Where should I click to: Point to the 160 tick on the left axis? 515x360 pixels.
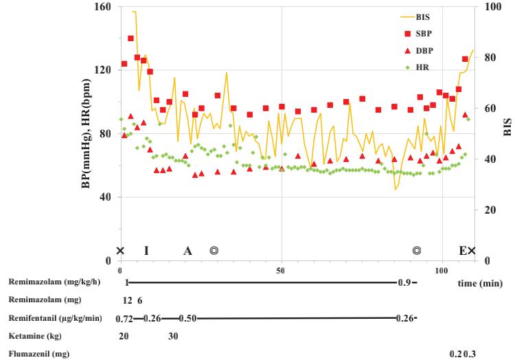(x=103, y=7)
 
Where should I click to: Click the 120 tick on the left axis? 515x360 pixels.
(x=103, y=71)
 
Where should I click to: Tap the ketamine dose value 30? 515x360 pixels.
(x=173, y=337)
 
